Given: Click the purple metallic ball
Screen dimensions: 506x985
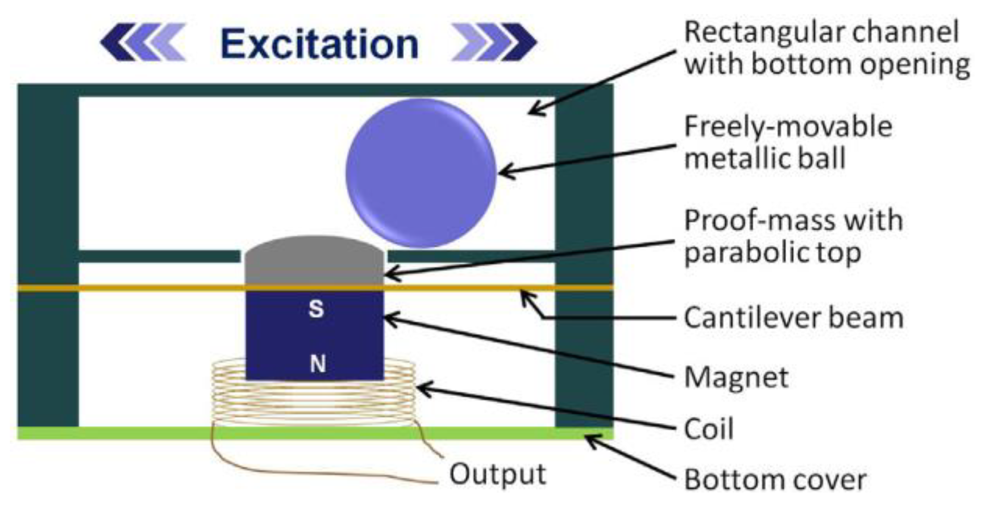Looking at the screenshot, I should point(421,173).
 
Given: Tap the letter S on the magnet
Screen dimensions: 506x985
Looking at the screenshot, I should point(316,309).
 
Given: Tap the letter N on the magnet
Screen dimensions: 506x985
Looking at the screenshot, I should point(317,364).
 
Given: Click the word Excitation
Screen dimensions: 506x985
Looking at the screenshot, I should point(319,44).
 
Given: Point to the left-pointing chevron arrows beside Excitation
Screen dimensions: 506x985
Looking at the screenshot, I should point(143,42).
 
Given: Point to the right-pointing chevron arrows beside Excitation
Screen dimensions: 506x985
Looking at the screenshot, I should point(493,42).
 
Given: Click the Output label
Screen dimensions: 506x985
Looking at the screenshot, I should point(497,474).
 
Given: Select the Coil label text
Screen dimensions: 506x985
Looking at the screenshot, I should point(709,430).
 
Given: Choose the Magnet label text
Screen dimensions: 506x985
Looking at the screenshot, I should point(736,377).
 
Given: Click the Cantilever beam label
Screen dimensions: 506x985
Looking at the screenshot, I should point(793,318).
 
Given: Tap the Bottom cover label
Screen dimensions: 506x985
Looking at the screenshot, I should point(775,480).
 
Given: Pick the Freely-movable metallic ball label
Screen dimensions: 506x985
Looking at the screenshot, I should point(788,142).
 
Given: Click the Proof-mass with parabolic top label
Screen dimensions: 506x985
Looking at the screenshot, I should point(793,236).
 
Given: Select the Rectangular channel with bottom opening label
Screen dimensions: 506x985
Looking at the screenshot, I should point(826,48).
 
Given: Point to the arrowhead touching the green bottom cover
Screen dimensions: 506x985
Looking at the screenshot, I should point(592,440).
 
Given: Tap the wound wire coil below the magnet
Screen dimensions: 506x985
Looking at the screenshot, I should point(314,402).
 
